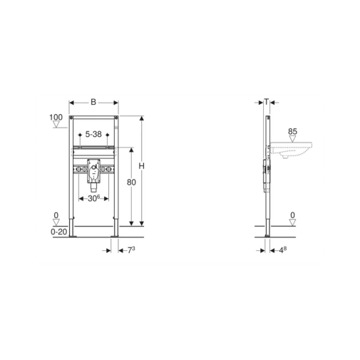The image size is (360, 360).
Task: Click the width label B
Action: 93,102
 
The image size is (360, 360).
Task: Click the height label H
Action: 141,166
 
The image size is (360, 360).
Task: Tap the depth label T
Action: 267,102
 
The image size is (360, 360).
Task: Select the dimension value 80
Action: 131,182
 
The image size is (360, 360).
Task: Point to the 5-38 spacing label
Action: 93,134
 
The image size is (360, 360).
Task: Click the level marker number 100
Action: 56,117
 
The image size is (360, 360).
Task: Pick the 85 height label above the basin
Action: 292,131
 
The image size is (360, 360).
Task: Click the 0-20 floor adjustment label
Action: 59,232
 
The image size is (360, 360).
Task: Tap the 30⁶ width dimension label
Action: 94,198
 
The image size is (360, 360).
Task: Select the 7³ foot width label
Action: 131,250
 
